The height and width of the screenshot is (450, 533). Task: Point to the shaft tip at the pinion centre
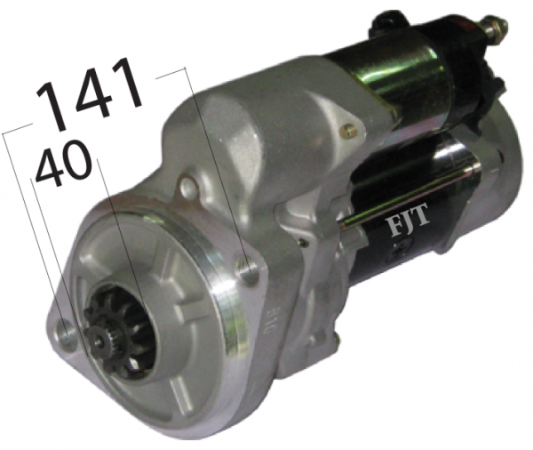pos(98,339)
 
